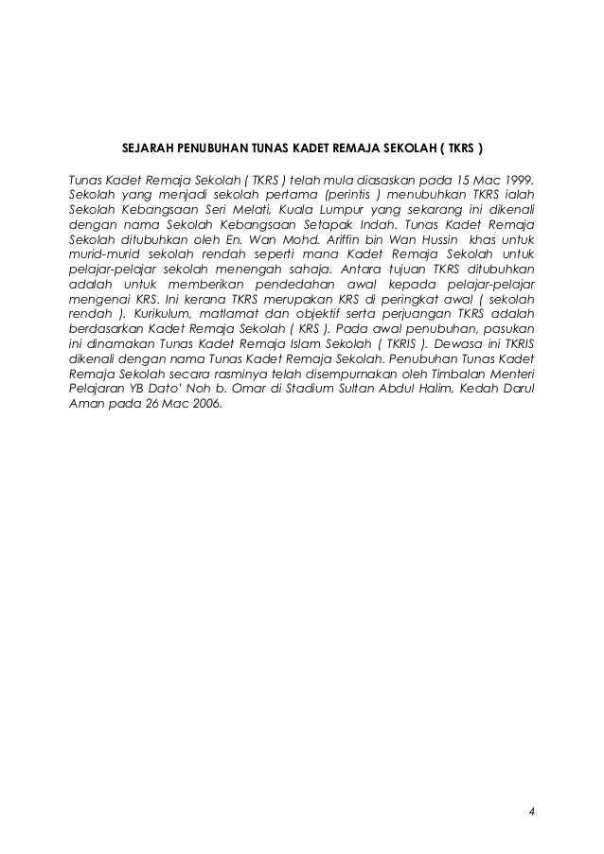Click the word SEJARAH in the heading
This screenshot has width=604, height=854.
click(148, 148)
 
